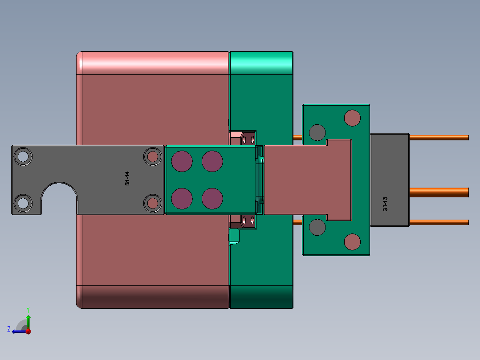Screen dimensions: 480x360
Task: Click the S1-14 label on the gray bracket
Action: pyautogui.click(x=127, y=178)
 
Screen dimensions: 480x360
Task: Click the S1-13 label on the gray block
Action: pyautogui.click(x=385, y=204)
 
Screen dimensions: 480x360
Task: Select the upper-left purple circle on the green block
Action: pyautogui.click(x=182, y=161)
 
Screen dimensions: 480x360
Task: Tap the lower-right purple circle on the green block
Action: pyautogui.click(x=212, y=199)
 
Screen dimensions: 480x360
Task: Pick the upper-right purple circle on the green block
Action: pyautogui.click(x=212, y=161)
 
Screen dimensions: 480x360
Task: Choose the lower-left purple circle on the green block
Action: pyautogui.click(x=182, y=199)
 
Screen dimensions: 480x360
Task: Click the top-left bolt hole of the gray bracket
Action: pyautogui.click(x=23, y=156)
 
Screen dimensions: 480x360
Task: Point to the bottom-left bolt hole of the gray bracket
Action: pyautogui.click(x=23, y=203)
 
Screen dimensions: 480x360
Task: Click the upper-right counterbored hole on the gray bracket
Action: pyautogui.click(x=153, y=156)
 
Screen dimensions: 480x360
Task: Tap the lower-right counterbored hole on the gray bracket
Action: pyautogui.click(x=153, y=203)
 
